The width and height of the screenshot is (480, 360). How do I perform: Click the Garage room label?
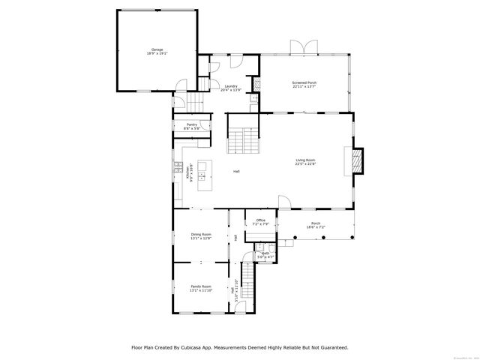[157, 50]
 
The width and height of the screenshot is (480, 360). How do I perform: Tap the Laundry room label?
[231, 86]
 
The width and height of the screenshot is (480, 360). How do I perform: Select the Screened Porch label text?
[304, 82]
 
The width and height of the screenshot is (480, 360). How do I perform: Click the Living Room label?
[304, 160]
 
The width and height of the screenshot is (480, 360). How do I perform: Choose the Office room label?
[260, 220]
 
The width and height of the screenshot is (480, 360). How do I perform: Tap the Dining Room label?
[200, 234]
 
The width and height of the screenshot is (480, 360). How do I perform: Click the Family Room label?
[200, 286]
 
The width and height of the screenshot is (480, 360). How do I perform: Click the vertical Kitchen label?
[192, 173]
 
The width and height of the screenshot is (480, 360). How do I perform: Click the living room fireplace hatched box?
[358, 160]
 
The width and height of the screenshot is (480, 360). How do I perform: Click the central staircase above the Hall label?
[243, 140]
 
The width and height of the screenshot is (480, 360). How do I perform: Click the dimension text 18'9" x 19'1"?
[157, 54]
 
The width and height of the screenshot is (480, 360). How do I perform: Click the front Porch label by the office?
[316, 223]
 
